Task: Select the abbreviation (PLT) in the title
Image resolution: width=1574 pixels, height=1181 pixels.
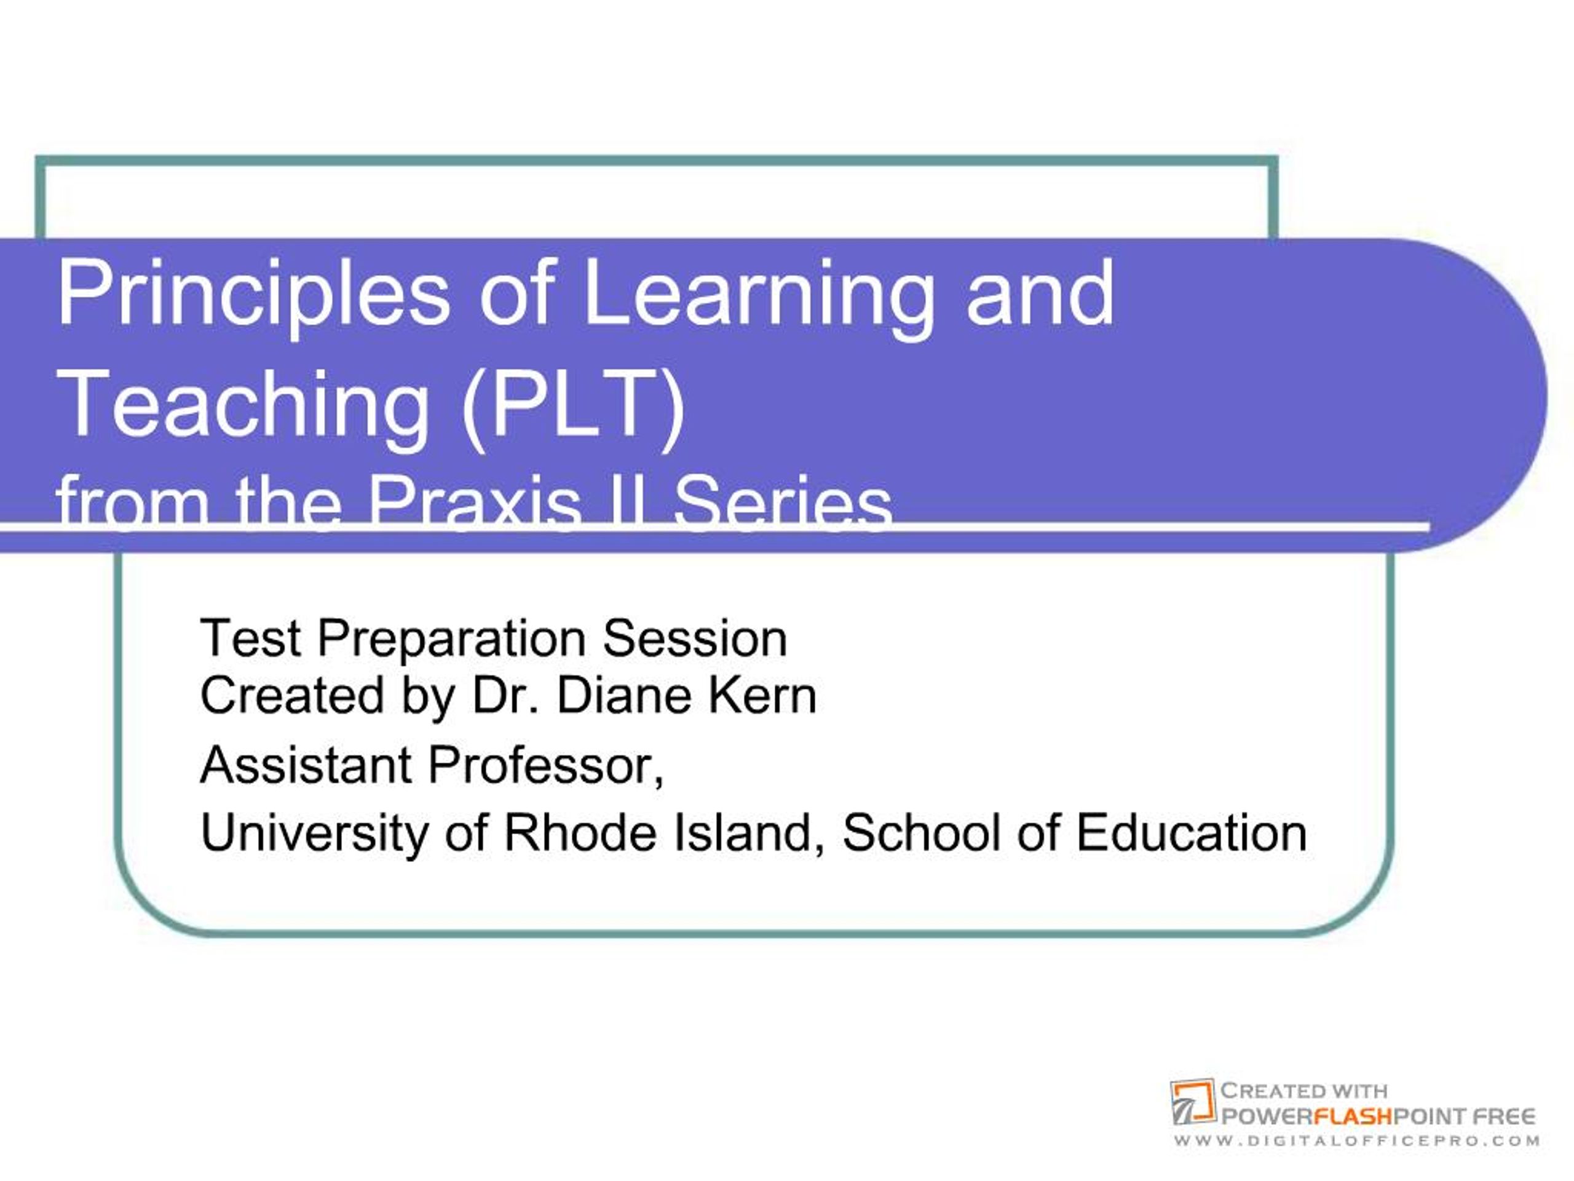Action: pyautogui.click(x=574, y=406)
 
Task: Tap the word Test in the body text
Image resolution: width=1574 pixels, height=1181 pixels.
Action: pyautogui.click(x=250, y=638)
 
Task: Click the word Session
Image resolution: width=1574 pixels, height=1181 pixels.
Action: pyautogui.click(x=695, y=638)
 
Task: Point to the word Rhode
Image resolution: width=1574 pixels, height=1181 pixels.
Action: pyautogui.click(x=579, y=832)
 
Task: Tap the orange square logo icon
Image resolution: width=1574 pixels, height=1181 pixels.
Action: pyautogui.click(x=1193, y=1102)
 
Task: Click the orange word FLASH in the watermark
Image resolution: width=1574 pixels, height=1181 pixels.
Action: pyautogui.click(x=1352, y=1116)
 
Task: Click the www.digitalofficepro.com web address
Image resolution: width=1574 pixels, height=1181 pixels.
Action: pyautogui.click(x=1356, y=1141)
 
